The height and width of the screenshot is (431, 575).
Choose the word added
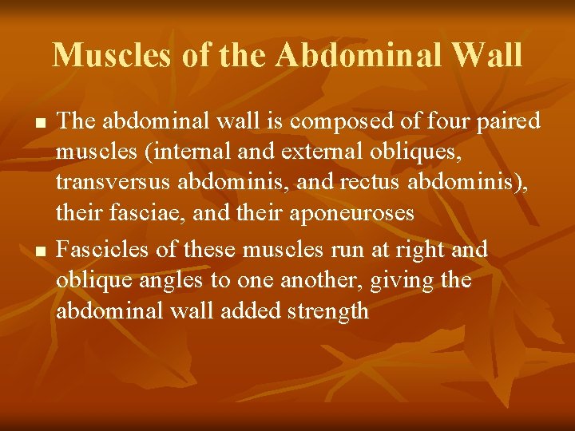(x=243, y=311)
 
